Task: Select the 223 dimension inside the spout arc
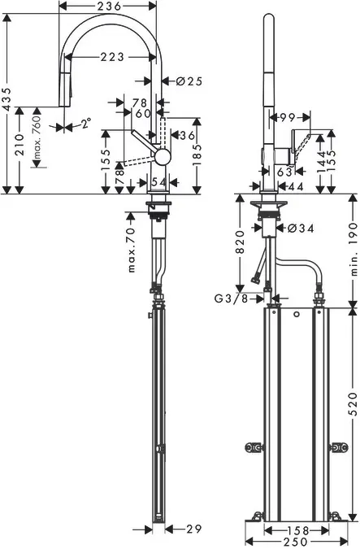coord(113,58)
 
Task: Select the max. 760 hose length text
coord(37,140)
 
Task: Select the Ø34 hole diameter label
coord(301,229)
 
